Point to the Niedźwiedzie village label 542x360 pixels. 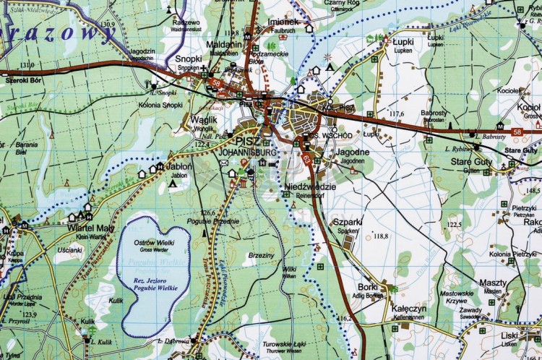(x=310, y=187)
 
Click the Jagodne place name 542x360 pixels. (x=353, y=153)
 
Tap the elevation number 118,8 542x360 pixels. (x=382, y=236)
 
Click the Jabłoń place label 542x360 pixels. (x=179, y=166)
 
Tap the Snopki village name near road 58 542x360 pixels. (x=189, y=59)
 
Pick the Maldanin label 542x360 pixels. (x=224, y=44)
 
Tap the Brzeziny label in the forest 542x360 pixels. (x=261, y=255)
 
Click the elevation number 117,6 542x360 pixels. (x=396, y=114)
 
